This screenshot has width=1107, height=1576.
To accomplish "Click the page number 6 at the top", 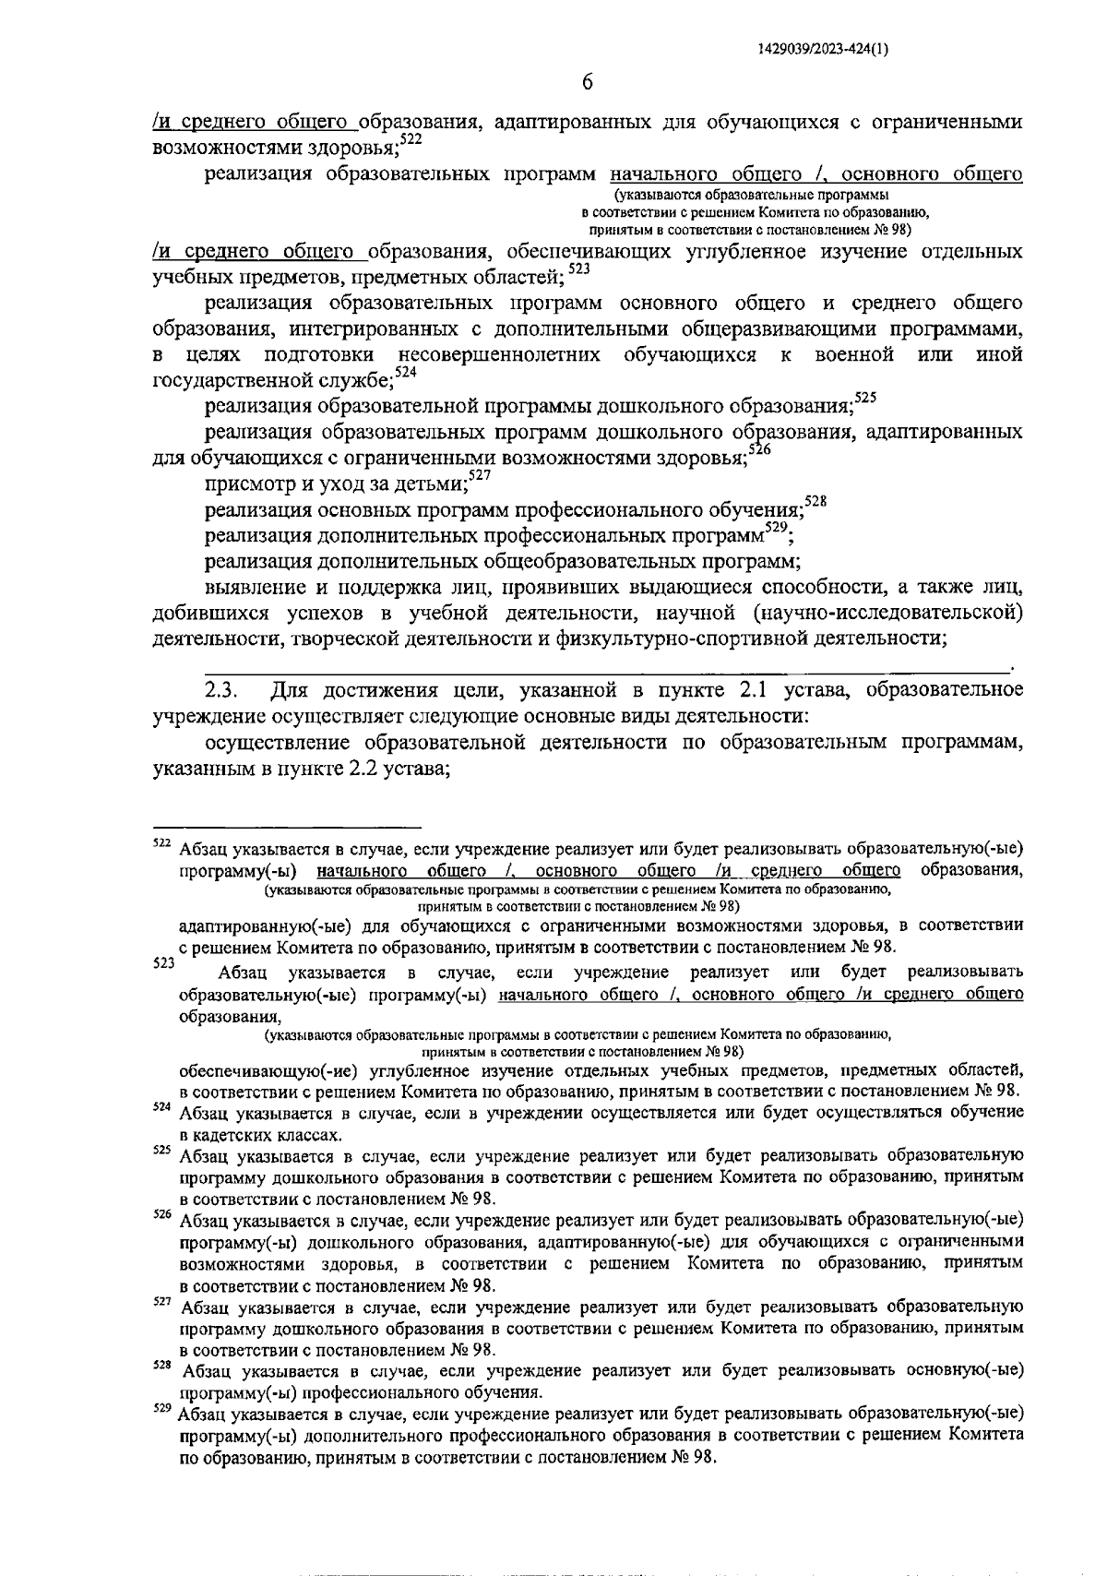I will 587,82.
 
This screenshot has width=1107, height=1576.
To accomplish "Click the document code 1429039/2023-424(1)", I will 823,51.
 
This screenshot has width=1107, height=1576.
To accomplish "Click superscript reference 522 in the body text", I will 411,139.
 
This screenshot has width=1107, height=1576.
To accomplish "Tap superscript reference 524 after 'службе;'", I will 405,372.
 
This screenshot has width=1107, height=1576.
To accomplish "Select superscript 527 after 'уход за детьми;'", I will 479,475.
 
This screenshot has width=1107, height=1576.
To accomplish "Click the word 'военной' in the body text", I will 853,355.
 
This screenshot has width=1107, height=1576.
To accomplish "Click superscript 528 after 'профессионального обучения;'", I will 815,501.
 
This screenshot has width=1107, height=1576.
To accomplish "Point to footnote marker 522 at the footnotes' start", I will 161,842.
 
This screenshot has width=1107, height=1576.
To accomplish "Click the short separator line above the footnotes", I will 286,827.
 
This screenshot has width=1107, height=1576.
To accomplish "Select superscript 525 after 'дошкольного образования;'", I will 865,398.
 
